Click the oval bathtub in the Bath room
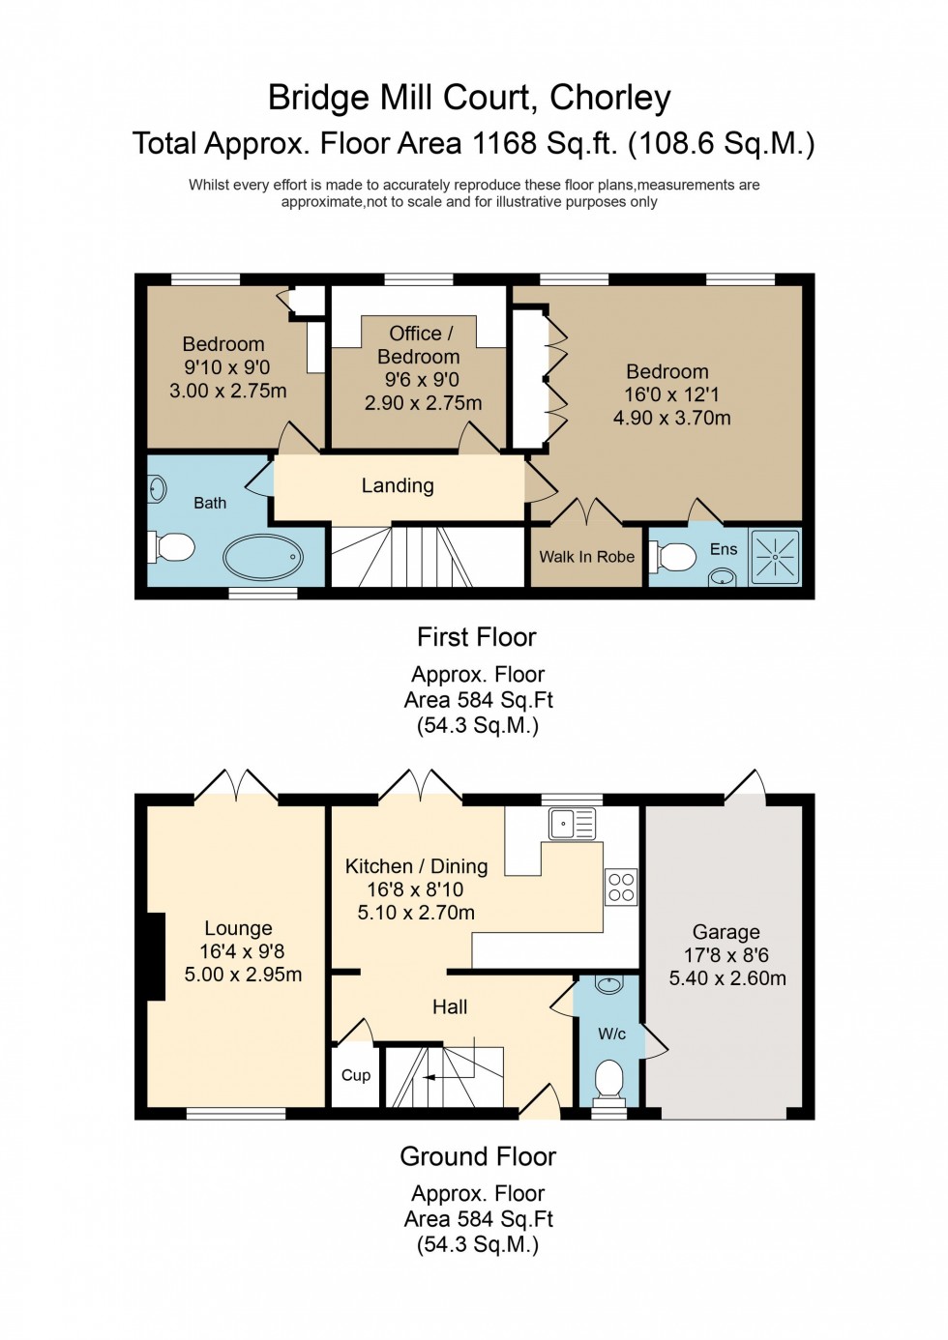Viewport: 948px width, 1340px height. pos(263,558)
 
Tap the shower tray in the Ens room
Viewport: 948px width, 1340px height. pos(775,557)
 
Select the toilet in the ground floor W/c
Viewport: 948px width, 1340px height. pos(608,1081)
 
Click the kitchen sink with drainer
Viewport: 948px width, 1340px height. pos(572,824)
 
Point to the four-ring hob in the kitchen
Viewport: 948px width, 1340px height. pos(621,887)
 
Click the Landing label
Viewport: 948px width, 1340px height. pos(398,485)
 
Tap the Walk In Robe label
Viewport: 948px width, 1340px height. pos(586,557)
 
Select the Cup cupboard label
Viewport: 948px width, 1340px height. pos(355,1075)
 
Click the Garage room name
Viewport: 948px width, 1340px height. pos(726,932)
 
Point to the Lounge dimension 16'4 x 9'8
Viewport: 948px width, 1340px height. pos(242,951)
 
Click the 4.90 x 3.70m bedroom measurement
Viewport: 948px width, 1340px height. pos(671,418)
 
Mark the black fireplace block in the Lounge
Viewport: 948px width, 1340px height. pos(155,956)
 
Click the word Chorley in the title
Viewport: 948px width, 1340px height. pos(609,98)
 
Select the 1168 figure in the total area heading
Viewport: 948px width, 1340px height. pos(504,143)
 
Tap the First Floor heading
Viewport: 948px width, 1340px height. pos(476,637)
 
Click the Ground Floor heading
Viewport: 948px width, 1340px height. pos(478,1156)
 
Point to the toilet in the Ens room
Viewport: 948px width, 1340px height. pos(675,557)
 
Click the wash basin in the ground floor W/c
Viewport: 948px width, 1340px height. pos(608,985)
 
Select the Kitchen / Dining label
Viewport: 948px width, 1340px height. pos(416,866)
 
